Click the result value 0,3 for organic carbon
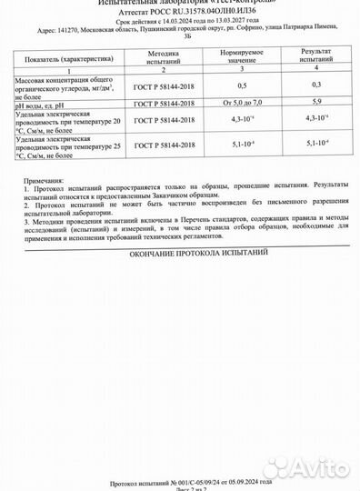pos(316,85)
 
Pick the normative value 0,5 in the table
pos(242,85)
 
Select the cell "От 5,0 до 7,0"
pos(242,103)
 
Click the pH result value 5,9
pos(316,103)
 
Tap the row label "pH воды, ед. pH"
pos(43,103)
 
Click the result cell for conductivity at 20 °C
pos(316,119)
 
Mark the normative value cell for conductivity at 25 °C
pos(242,143)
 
